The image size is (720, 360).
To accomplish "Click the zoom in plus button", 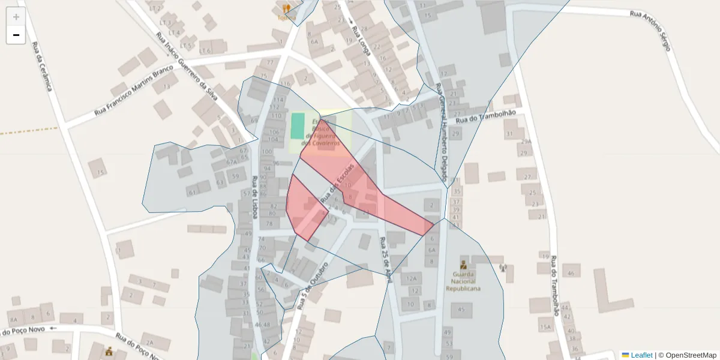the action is [16, 17].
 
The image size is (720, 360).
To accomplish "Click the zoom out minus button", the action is [16, 35].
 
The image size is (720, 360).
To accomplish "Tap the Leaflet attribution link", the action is [641, 355].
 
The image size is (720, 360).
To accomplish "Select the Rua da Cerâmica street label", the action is [42, 66].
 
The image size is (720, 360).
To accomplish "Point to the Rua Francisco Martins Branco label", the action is [133, 91].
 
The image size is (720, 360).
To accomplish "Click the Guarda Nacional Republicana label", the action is [463, 281].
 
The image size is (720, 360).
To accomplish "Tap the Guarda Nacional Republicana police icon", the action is [463, 265].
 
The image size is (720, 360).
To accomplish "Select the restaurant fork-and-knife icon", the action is [286, 8].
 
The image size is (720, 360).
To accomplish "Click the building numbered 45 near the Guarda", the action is [461, 310].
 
